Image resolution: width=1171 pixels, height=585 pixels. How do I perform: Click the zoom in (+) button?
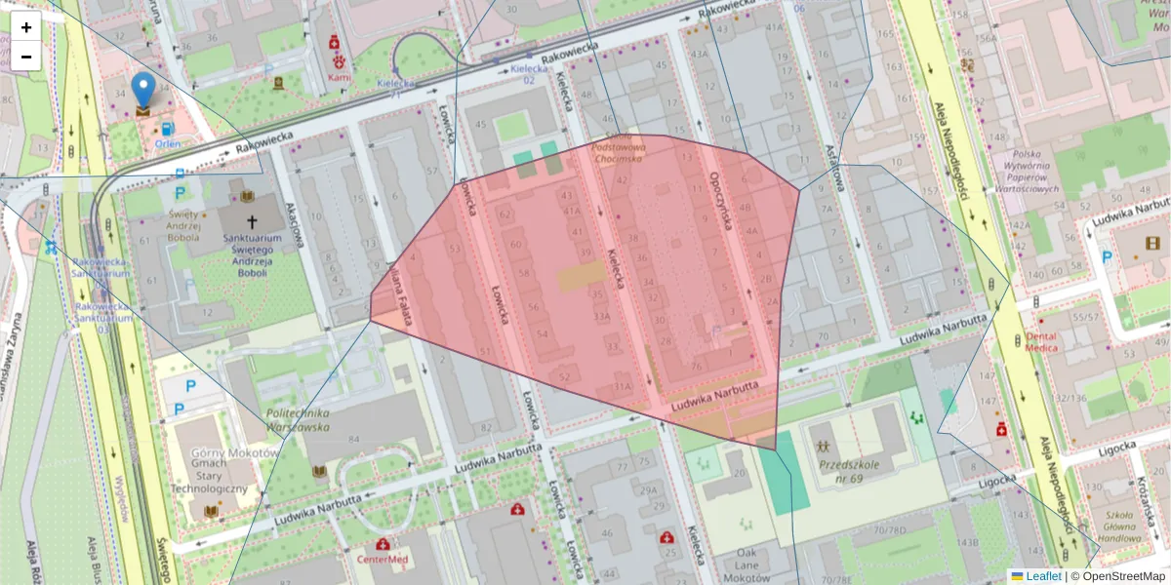coord(26,27)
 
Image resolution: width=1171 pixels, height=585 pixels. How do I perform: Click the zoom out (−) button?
coord(26,57)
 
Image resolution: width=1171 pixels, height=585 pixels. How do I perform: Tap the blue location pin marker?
coord(143,90)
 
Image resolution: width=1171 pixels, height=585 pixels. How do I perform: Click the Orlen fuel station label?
coord(168,143)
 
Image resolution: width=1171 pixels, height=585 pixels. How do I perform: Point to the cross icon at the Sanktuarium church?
coord(253,222)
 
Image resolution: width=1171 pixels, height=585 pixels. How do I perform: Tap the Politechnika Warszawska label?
coord(299,419)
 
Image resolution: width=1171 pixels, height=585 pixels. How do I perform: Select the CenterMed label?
coord(382,560)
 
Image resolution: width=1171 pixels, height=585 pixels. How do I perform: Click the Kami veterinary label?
coord(339,76)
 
